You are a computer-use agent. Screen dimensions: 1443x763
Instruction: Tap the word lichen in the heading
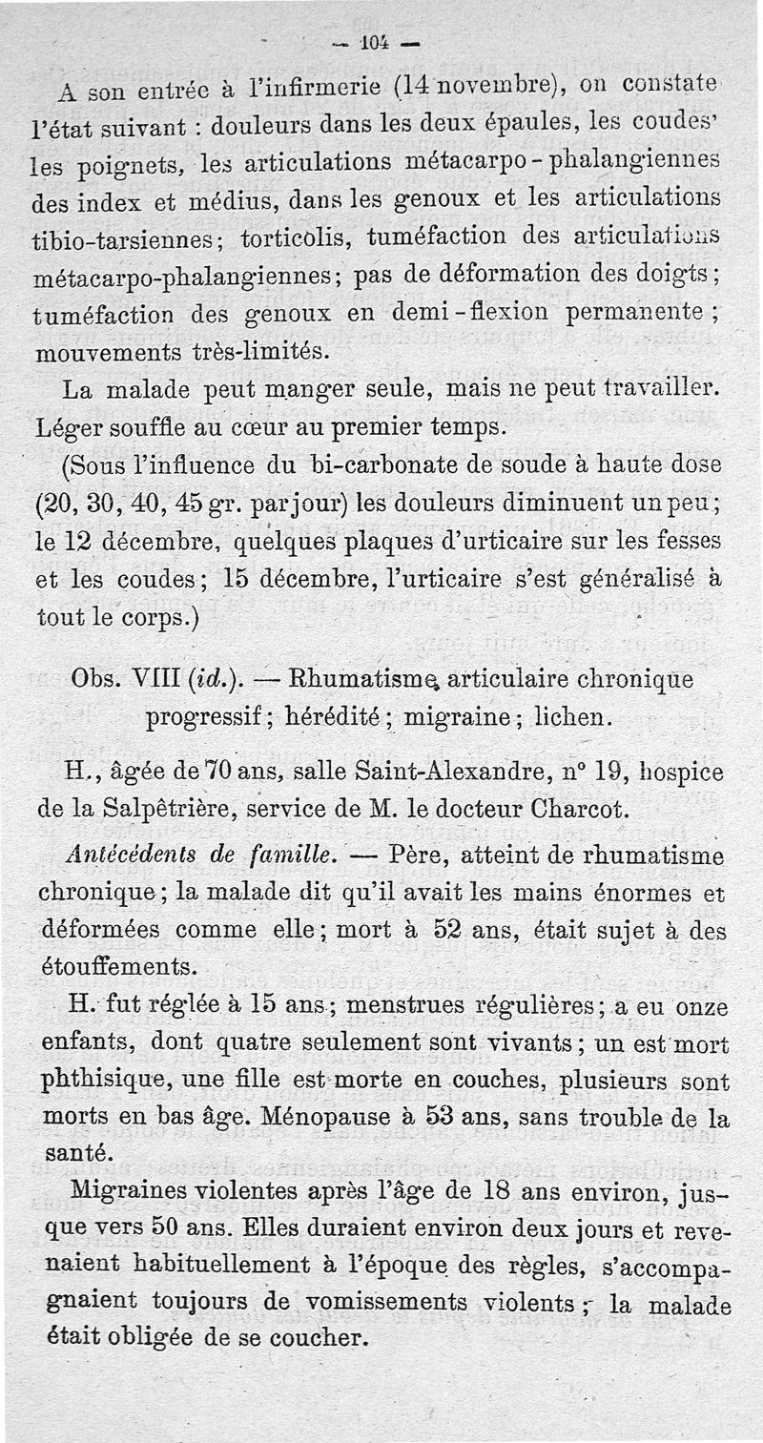[574, 717]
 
